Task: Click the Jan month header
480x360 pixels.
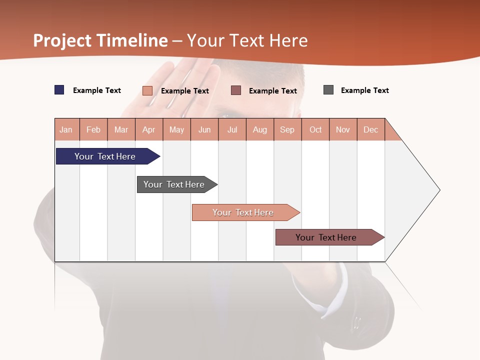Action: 66,129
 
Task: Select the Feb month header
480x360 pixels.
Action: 93,129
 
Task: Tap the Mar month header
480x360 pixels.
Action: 121,129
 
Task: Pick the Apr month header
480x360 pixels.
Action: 149,129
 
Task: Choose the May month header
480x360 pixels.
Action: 176,129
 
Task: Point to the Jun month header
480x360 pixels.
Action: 204,129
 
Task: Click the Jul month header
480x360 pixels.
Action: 232,129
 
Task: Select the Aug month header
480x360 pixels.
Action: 260,129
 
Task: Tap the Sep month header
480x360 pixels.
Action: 287,129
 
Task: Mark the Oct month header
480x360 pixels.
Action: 315,129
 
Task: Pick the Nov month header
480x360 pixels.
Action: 343,129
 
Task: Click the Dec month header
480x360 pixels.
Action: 371,129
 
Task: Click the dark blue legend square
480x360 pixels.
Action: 59,90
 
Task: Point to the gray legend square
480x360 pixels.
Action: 328,90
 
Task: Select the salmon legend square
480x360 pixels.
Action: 147,90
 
